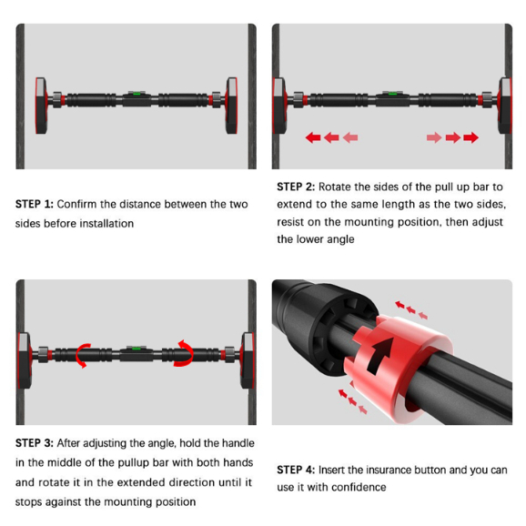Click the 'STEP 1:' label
click(35, 204)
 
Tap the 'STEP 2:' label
click(296, 187)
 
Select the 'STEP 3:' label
click(35, 443)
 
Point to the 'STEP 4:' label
click(296, 470)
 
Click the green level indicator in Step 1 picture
click(137, 94)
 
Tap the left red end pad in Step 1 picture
click(41, 106)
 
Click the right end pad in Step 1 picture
click(231, 106)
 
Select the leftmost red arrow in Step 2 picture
click(313, 137)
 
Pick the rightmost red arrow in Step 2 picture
click(471, 137)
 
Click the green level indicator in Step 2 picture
click(393, 94)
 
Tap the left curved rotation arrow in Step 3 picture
click(83, 356)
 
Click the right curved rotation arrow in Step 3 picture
click(184, 353)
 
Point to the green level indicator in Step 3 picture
click(137, 349)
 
